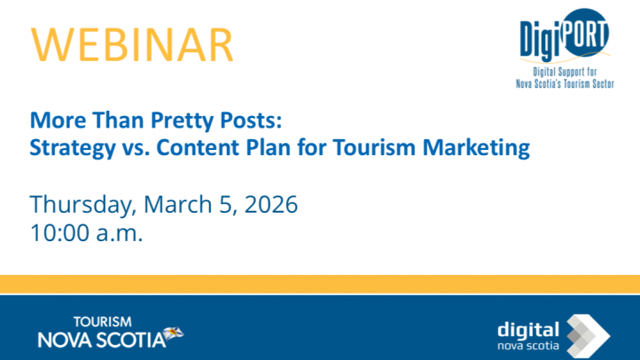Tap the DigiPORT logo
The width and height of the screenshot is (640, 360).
566,37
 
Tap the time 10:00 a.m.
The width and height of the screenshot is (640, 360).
86,234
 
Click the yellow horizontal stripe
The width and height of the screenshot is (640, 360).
320,284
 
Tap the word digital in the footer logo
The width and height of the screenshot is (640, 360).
528,327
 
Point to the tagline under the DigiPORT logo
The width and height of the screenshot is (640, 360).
565,78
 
